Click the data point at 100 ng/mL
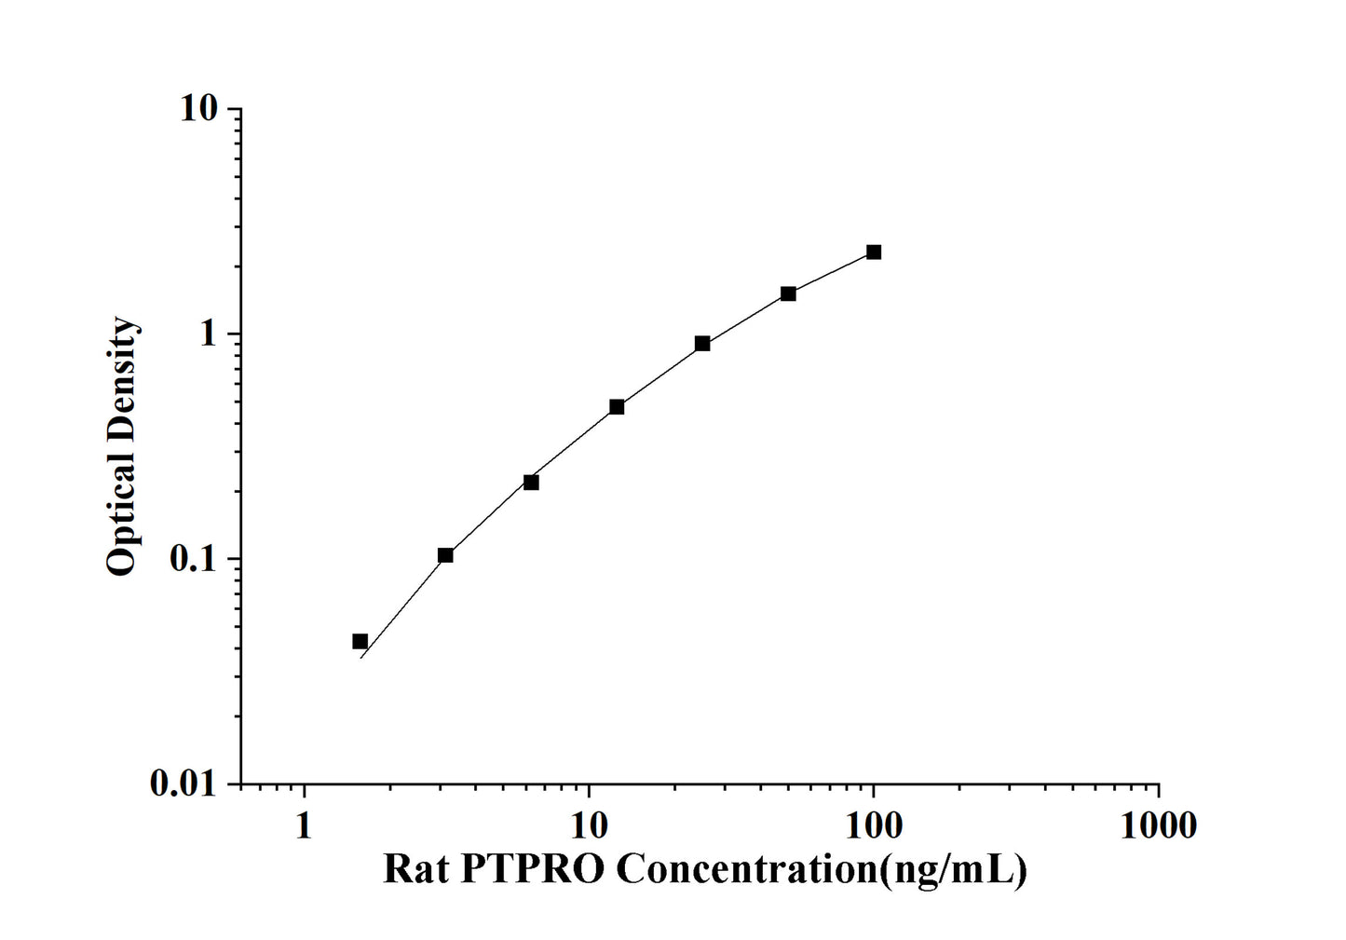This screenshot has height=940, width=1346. (x=873, y=252)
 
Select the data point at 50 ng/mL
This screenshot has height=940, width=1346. (x=788, y=293)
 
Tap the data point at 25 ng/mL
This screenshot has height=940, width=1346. (x=702, y=344)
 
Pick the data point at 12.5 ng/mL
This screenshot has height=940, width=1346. (x=617, y=407)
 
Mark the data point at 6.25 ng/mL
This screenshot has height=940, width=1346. (x=531, y=483)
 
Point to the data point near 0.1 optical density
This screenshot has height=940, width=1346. (x=445, y=555)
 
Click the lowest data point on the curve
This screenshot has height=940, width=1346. (x=360, y=641)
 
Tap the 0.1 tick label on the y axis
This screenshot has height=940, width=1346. (x=192, y=559)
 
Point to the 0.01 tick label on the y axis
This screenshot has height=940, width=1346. (x=183, y=784)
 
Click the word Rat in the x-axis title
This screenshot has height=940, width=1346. (x=415, y=869)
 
